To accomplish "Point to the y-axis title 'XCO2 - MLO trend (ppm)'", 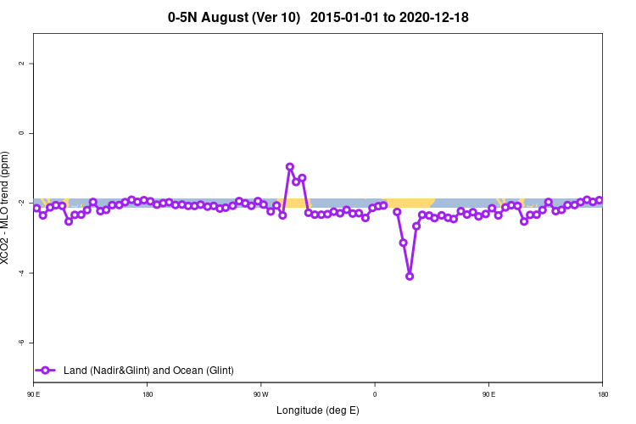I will click(7, 208).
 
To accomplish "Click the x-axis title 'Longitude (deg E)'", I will click(318, 410).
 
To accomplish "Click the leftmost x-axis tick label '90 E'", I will click(33, 394).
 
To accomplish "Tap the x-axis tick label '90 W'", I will click(260, 394).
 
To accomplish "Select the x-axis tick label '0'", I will click(375, 394).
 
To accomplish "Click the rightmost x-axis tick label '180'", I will click(602, 394).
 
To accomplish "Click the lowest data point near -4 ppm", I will click(410, 276).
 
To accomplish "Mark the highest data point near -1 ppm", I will click(290, 167).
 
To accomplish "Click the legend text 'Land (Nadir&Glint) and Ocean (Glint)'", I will click(148, 371).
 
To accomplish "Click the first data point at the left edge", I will click(36, 208).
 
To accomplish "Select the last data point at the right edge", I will click(600, 200).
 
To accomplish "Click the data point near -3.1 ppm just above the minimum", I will click(404, 243).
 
